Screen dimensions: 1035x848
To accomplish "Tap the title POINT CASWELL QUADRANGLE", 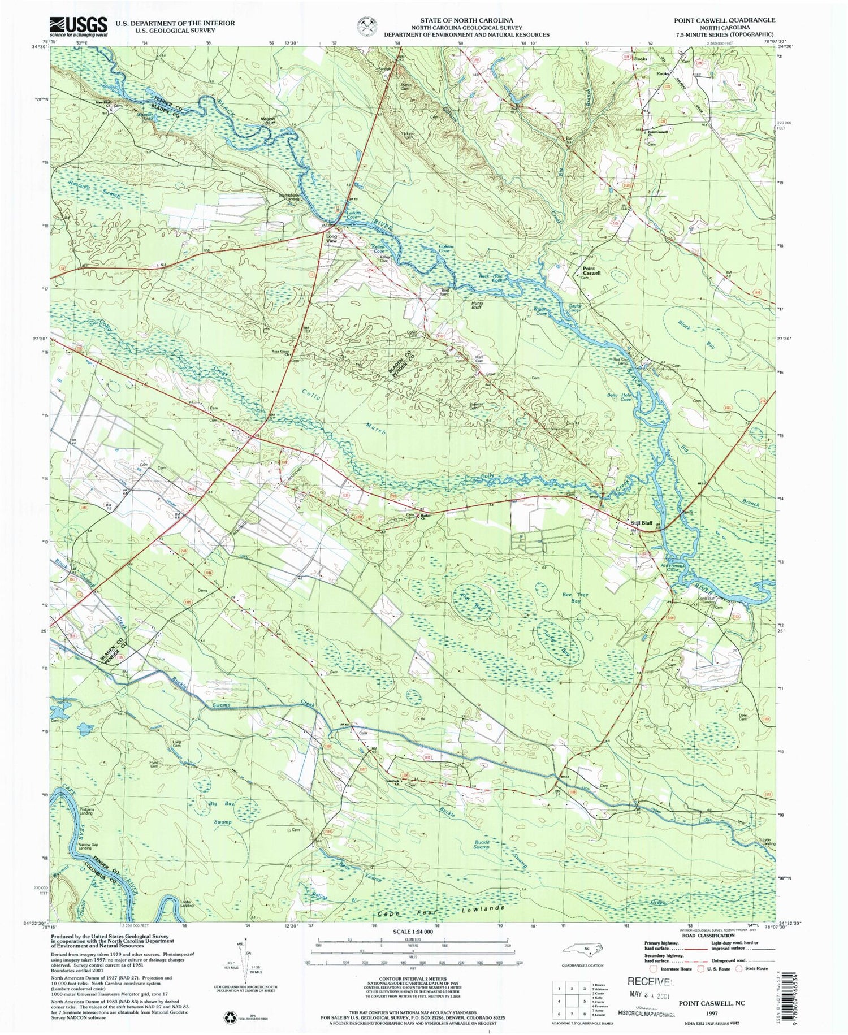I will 724,20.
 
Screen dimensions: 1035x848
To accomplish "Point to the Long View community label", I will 331,239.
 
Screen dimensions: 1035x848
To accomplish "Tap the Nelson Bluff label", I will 271,119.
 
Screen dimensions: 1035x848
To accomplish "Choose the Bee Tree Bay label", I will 572,597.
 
